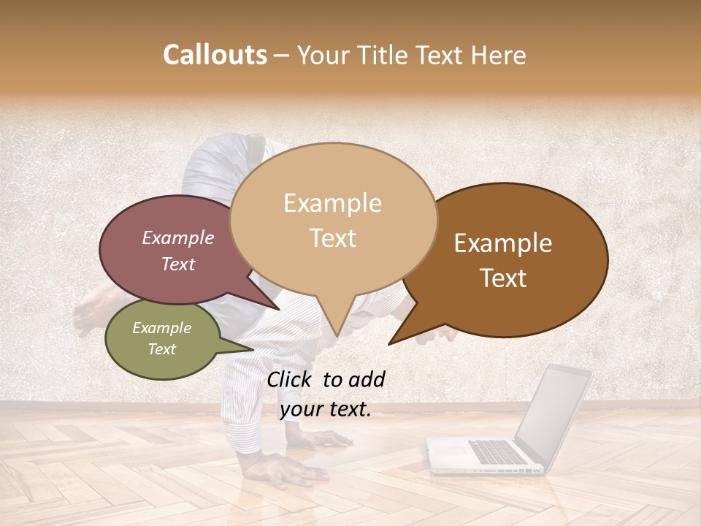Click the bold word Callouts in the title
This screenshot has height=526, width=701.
tap(215, 55)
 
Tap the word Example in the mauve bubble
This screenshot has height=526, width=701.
tap(177, 237)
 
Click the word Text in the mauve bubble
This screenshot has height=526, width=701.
tap(177, 264)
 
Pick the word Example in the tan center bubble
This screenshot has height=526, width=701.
tap(332, 203)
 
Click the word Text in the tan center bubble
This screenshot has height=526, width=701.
tap(332, 238)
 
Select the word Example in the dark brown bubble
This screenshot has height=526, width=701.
tap(503, 243)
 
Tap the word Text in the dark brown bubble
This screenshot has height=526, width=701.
tap(503, 278)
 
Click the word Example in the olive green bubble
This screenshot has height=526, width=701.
tap(161, 328)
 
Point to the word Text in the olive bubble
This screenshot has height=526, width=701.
tap(161, 349)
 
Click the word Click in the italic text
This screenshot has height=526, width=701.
tap(291, 379)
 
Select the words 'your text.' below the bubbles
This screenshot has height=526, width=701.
tap(325, 410)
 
